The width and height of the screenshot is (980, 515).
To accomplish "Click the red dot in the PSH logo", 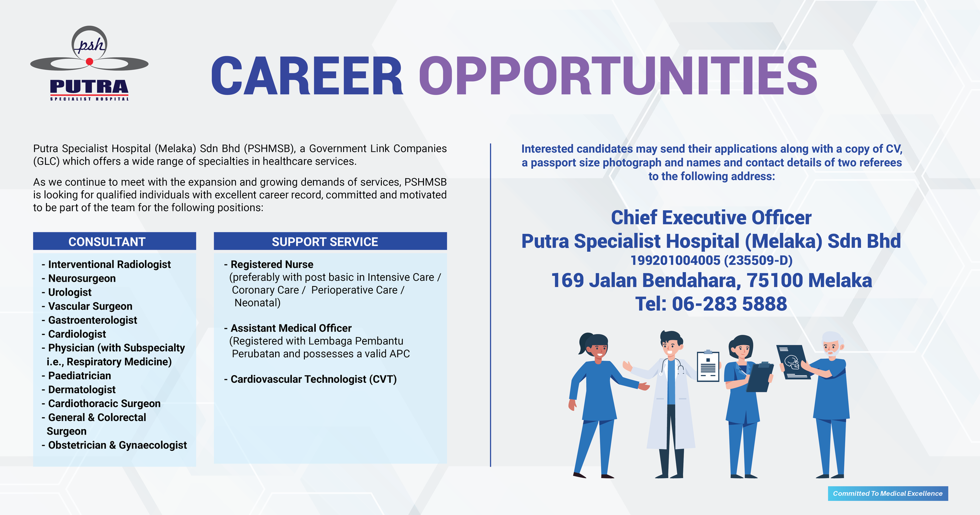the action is (x=89, y=62).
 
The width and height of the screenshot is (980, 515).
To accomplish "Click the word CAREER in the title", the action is (x=307, y=77).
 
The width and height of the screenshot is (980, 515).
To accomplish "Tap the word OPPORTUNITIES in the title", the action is (x=618, y=77).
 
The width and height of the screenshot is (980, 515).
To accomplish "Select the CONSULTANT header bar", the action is (x=114, y=241).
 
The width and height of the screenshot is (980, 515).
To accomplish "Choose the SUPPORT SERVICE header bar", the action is (x=330, y=241).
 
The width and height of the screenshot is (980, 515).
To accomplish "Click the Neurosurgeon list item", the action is (x=82, y=278).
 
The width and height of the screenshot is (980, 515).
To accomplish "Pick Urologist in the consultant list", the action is (x=70, y=292).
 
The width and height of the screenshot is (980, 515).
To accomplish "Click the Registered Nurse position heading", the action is (x=272, y=264).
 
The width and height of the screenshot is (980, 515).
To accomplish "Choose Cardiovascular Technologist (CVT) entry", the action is (x=314, y=379).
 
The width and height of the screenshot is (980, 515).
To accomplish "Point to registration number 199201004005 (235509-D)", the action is (x=711, y=260).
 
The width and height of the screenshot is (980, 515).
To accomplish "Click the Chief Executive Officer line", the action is (x=711, y=217).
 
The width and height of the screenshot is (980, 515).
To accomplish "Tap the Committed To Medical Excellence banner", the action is (x=888, y=493).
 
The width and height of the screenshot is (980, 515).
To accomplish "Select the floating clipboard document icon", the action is (x=708, y=366).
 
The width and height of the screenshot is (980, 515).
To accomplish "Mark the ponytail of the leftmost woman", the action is (x=583, y=343).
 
